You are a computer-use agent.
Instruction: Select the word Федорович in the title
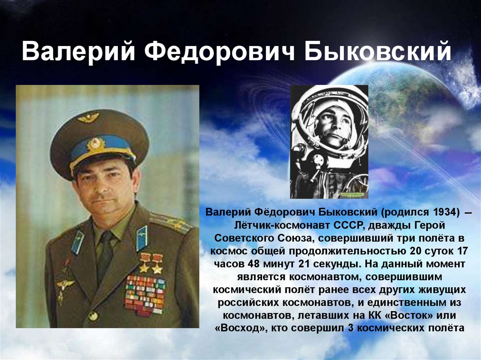coord(219,51)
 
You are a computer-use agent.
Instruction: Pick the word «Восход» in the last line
coord(238,328)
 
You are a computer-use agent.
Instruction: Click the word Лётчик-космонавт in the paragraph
coord(282,225)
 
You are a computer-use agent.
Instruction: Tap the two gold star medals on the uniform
coord(151,263)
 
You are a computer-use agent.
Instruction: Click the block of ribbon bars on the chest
coord(145,295)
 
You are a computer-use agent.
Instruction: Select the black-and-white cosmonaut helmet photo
coord(329,142)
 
